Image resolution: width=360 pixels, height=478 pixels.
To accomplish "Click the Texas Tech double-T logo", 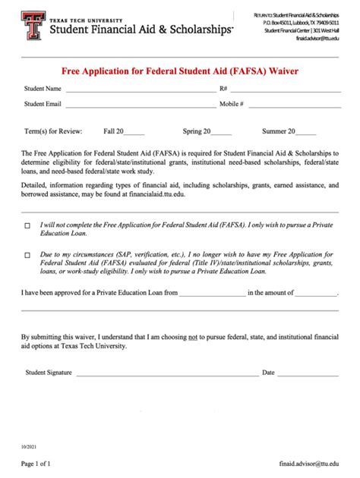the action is [x=33, y=27].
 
